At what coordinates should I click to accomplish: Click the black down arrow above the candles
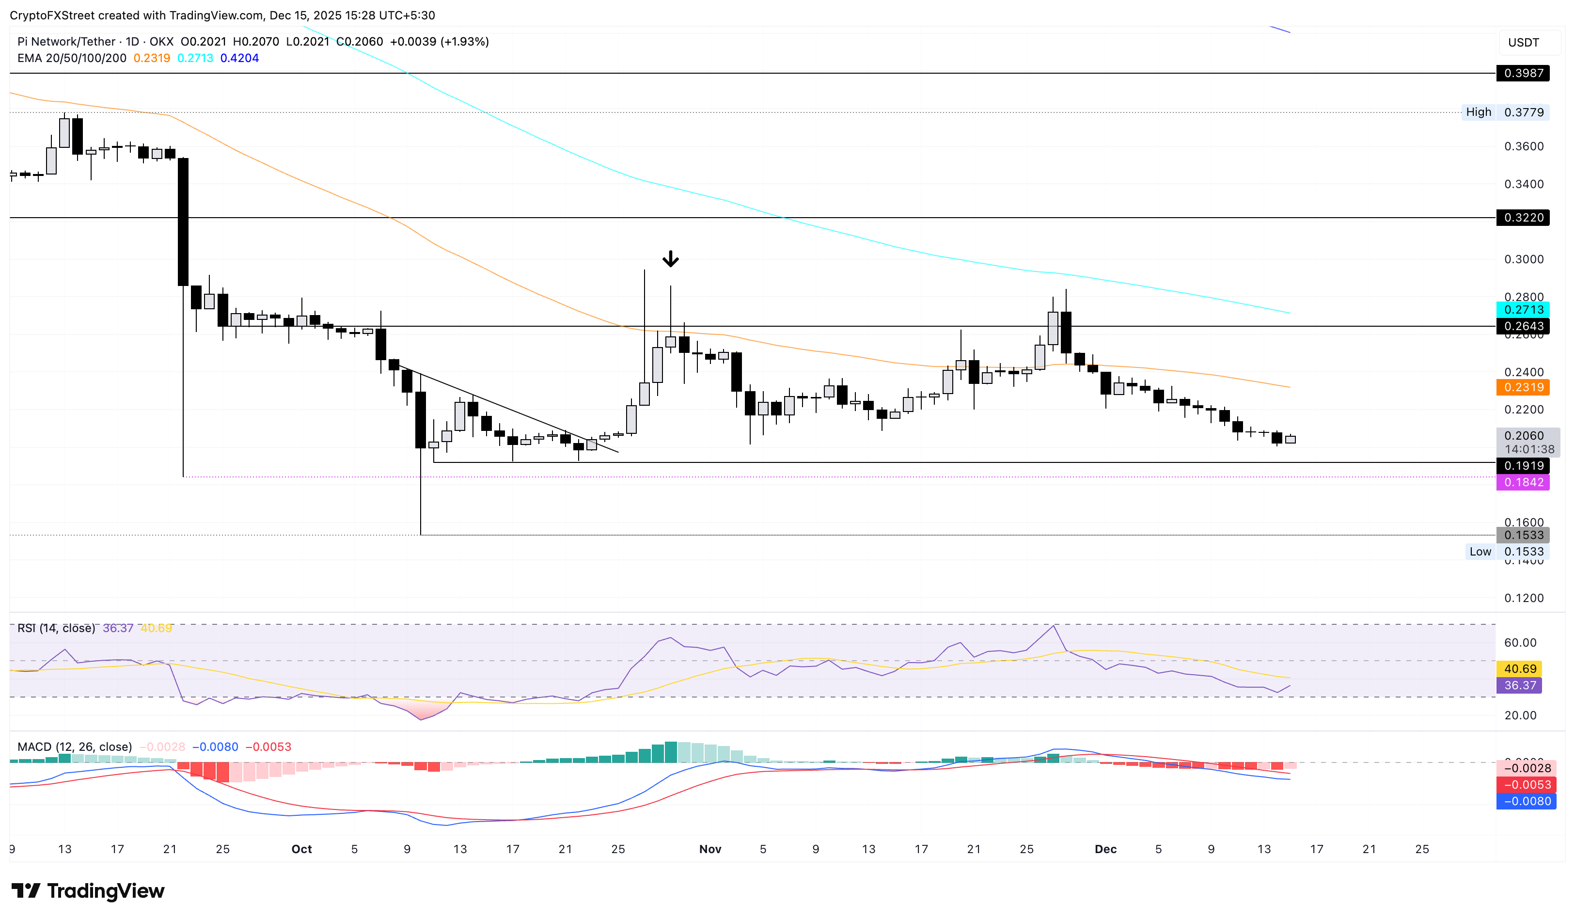[670, 258]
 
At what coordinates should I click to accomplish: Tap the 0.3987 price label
[1523, 73]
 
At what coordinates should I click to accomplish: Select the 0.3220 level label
[1523, 218]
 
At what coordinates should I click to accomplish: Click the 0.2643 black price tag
[1523, 326]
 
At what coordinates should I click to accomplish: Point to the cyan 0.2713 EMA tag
[1523, 309]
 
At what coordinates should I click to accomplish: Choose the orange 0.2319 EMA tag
[1523, 387]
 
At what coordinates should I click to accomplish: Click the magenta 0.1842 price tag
[1523, 482]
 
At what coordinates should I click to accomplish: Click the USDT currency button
[1523, 43]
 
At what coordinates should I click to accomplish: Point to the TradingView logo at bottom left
[88, 890]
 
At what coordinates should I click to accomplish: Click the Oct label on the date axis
[301, 849]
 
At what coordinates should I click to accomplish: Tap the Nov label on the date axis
[710, 849]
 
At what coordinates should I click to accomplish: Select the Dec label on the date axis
[1105, 849]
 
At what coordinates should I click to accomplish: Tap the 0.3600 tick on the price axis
[1523, 146]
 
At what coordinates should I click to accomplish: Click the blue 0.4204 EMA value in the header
[239, 58]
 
